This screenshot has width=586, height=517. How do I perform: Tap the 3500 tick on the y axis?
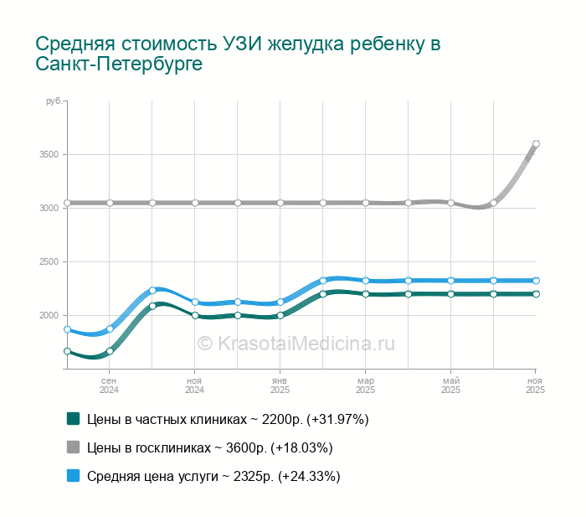(49, 155)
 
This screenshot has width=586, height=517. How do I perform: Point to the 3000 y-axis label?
(49, 208)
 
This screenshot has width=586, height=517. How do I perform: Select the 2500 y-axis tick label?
(49, 262)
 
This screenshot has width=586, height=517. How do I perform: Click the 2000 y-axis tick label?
(49, 315)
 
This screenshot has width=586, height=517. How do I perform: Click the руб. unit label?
(53, 101)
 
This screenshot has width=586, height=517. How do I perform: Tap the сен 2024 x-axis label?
(109, 385)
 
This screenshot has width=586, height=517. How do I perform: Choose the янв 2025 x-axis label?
(280, 385)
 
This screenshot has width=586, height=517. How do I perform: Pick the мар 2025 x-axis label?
(365, 385)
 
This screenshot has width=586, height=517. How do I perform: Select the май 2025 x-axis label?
(450, 385)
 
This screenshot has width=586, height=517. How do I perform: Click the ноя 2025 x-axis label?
(535, 385)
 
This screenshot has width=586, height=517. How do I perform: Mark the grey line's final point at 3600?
(536, 144)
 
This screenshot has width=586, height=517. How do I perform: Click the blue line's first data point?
(67, 330)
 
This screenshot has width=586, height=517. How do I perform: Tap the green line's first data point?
(67, 351)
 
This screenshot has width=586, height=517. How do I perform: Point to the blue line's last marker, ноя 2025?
(536, 281)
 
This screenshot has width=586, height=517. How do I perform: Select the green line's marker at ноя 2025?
(536, 294)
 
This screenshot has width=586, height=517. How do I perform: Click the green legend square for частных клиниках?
(73, 419)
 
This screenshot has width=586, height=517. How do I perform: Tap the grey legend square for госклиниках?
(73, 447)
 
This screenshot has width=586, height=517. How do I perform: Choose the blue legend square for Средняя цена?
(73, 476)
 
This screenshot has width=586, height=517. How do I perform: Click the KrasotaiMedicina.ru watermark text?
(296, 343)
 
